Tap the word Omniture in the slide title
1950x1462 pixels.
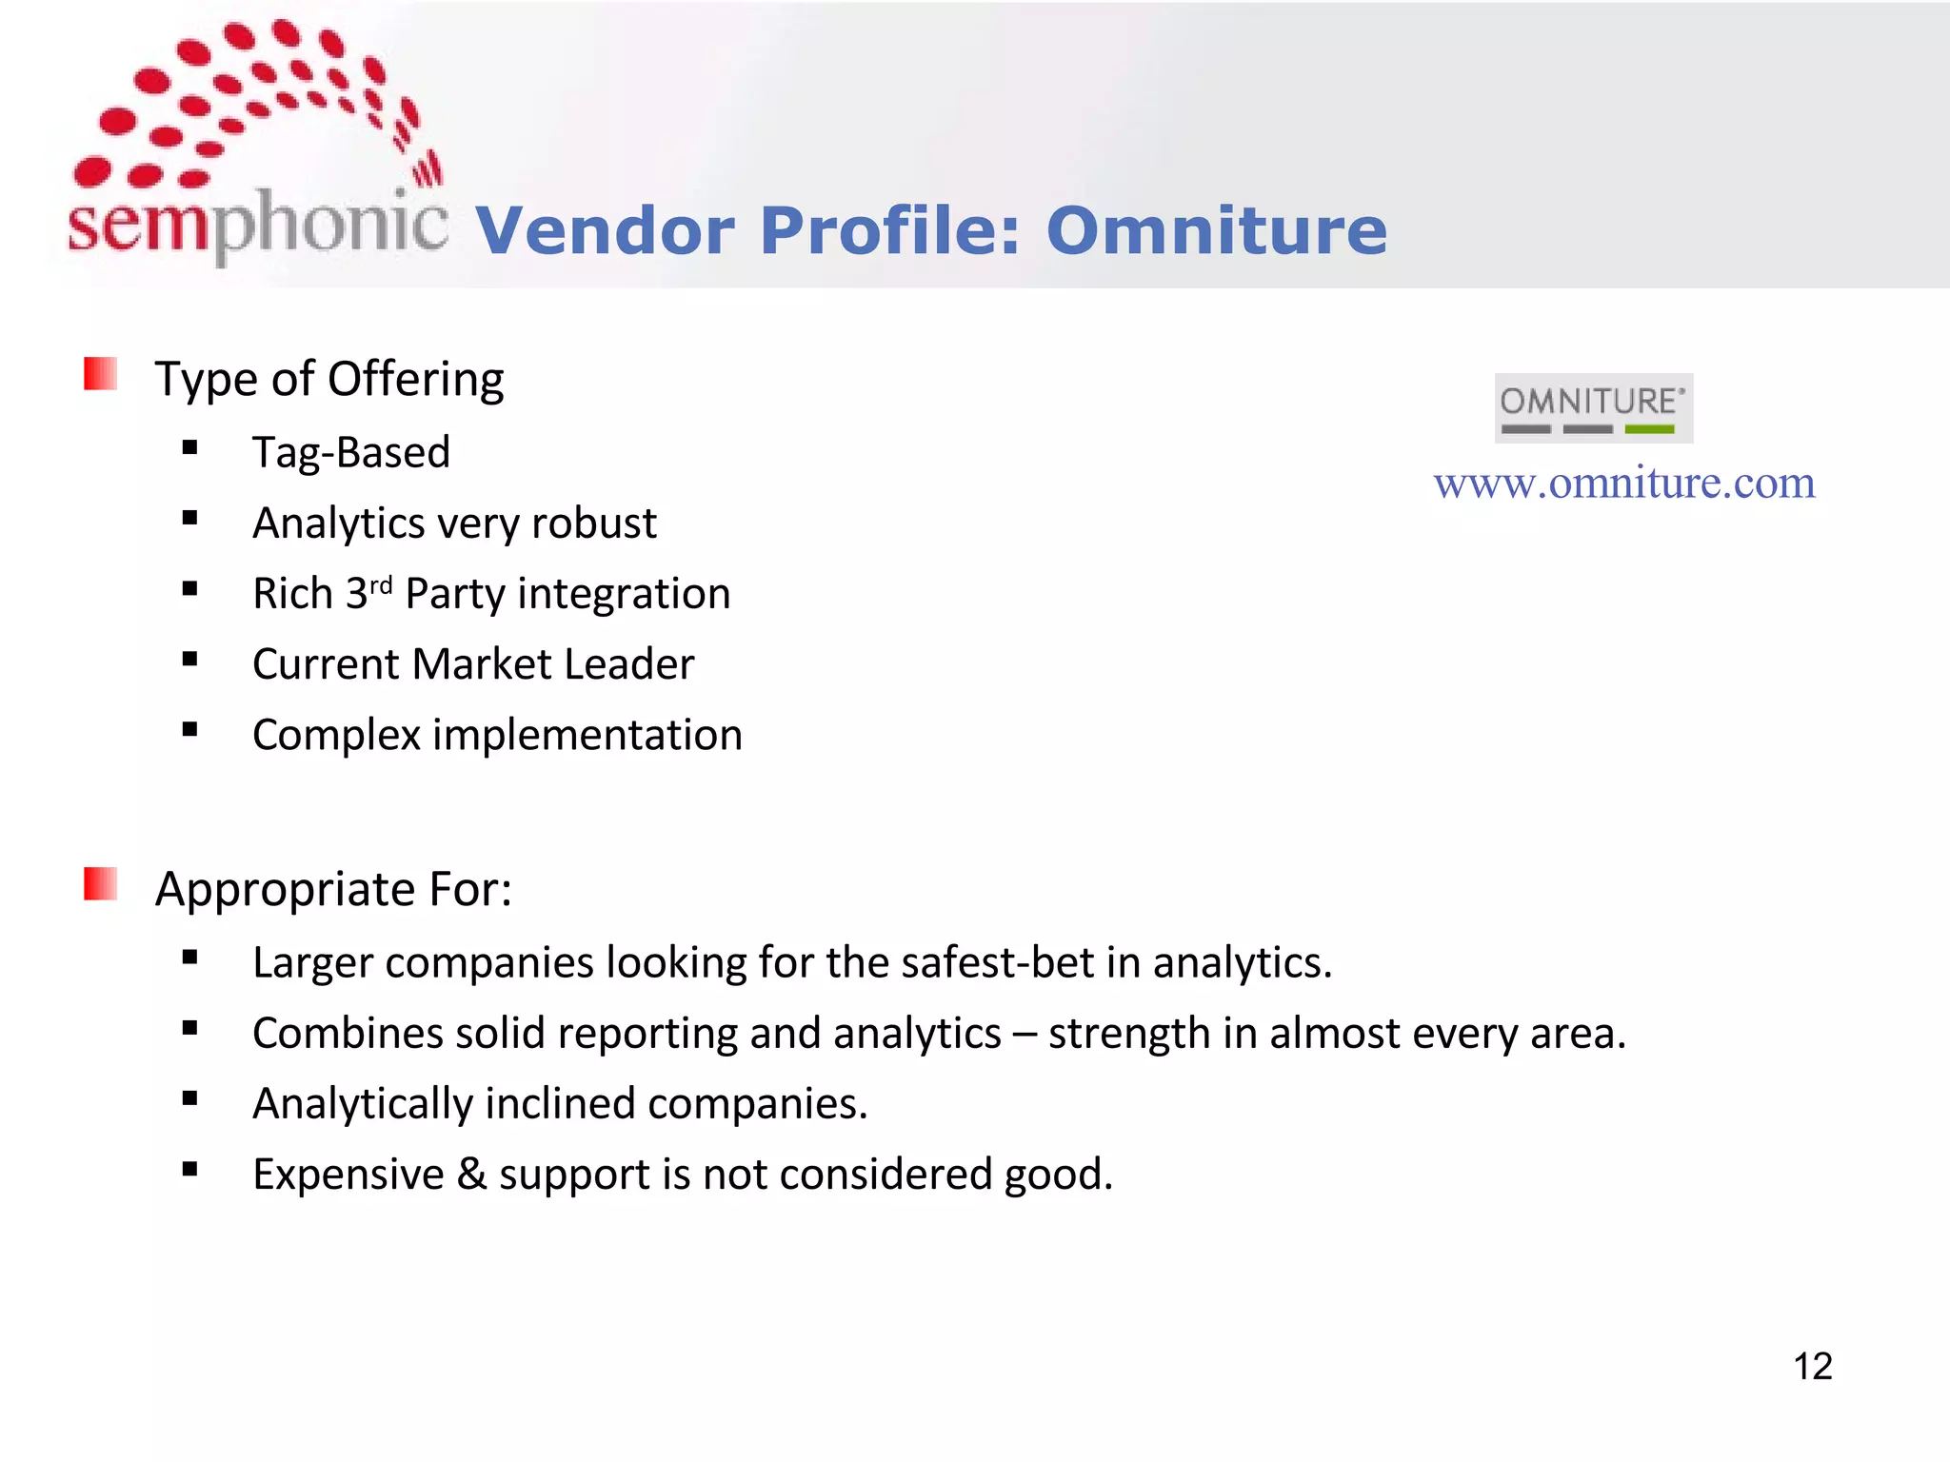coord(1216,231)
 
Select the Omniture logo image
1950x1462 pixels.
coord(1593,408)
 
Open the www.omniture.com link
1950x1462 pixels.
coord(1624,484)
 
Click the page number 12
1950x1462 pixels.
coord(1812,1367)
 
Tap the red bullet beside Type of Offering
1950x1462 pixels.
coord(101,374)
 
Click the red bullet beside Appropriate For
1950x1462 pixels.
coord(101,883)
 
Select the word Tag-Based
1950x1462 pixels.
coord(350,453)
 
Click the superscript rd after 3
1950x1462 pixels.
coord(381,584)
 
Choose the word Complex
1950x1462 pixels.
coord(336,736)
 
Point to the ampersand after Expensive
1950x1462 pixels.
coord(471,1175)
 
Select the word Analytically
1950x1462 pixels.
coord(362,1104)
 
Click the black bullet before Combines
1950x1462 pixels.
coord(190,1028)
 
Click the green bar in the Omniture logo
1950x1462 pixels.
coord(1649,429)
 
